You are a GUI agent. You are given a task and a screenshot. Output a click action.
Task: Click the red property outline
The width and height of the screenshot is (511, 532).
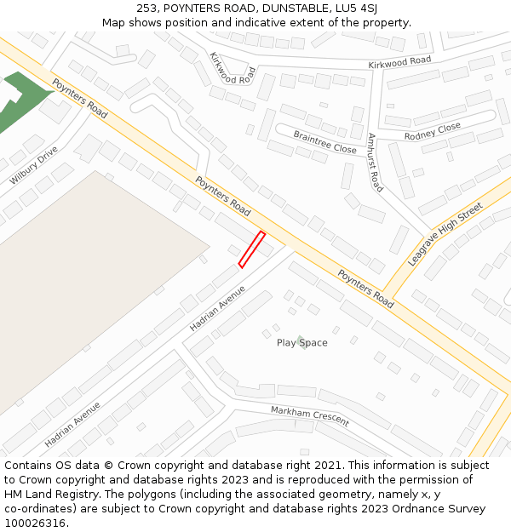pos(251,249)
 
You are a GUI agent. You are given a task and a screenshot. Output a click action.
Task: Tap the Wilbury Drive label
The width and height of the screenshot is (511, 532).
pos(34,165)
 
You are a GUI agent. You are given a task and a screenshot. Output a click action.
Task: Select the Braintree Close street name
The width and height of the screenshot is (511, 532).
pos(324,142)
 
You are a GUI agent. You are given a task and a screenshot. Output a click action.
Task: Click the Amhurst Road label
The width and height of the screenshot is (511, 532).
pos(375,162)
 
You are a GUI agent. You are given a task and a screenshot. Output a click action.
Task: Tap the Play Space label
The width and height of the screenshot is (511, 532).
pos(301,343)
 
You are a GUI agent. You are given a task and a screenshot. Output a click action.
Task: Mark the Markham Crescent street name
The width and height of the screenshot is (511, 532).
pos(309,416)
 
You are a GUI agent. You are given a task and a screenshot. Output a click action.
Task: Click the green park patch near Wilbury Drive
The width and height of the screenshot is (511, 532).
pos(21,98)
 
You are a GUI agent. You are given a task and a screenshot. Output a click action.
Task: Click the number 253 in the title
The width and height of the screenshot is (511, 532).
pos(146,9)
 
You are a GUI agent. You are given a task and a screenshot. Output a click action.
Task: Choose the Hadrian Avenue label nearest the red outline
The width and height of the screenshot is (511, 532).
pos(217,307)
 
